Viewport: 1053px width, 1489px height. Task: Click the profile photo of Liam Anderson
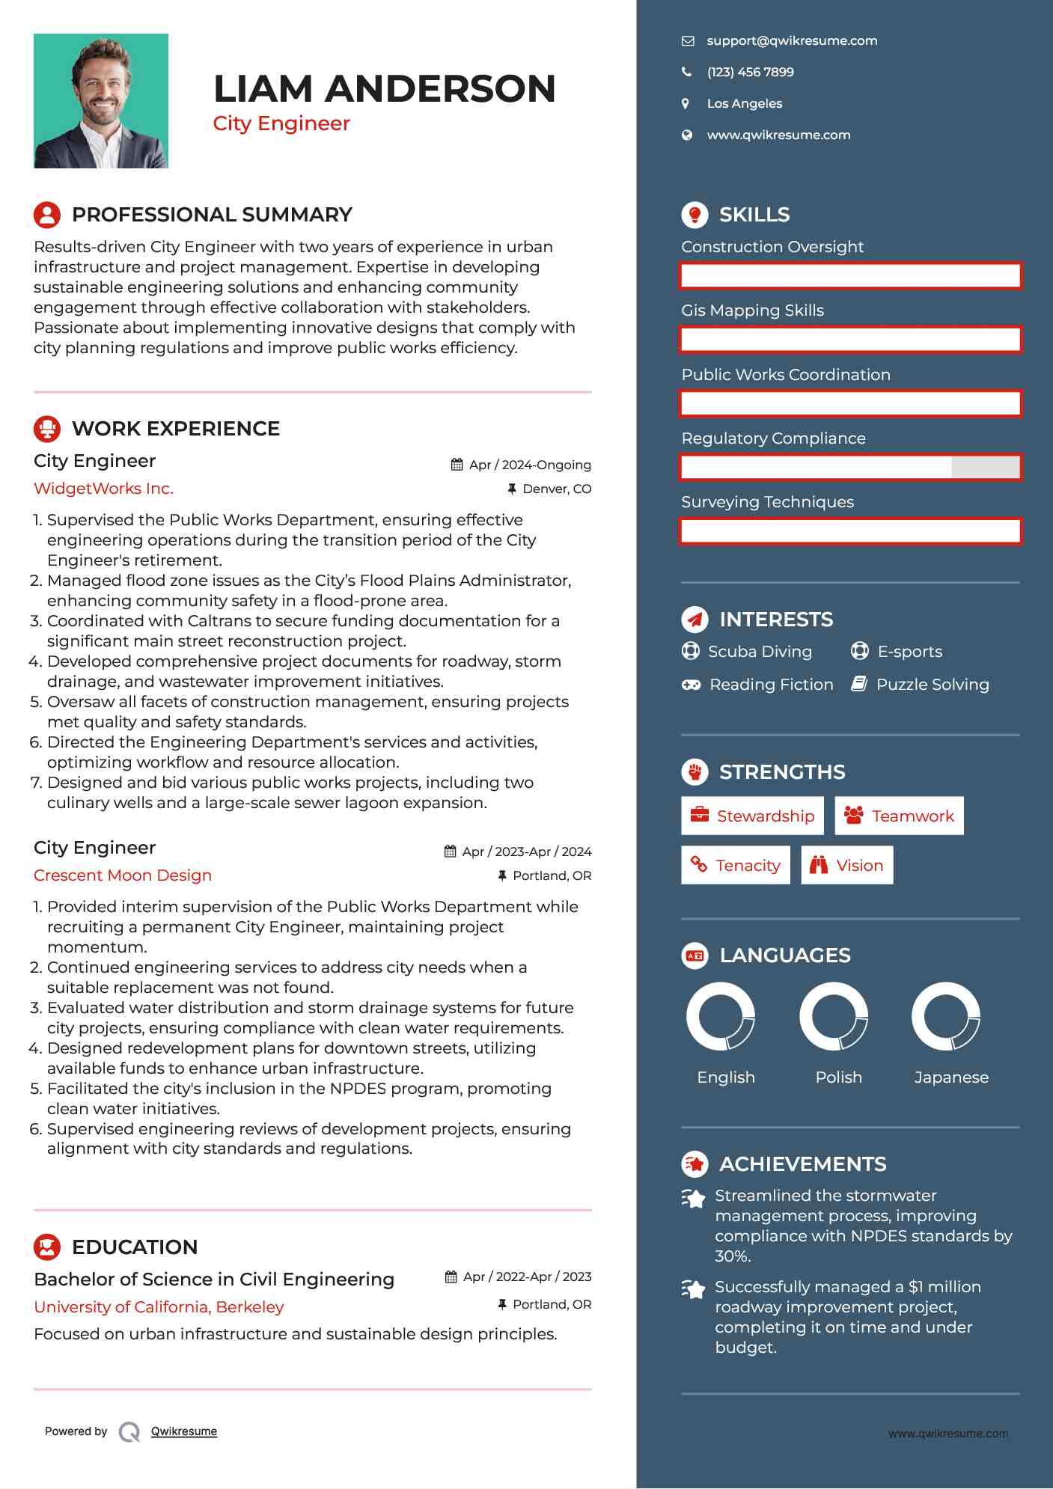(101, 101)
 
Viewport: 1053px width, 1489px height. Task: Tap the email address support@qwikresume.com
(792, 41)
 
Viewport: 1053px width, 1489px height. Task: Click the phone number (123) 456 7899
(750, 73)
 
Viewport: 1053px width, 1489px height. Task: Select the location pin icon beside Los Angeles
(686, 104)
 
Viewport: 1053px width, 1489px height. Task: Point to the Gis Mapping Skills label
(752, 311)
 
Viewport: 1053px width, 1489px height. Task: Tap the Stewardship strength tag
(752, 816)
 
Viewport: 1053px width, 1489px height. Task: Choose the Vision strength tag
(846, 866)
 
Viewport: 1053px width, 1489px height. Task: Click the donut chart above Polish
(834, 1017)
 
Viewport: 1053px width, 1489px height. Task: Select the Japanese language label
(951, 1077)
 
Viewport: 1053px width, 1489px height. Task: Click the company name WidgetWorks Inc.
(103, 489)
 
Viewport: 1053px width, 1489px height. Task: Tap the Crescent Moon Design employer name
(123, 875)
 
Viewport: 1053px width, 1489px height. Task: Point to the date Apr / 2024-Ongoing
(529, 465)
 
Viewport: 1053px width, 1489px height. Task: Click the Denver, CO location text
(556, 489)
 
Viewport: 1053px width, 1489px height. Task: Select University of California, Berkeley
(159, 1307)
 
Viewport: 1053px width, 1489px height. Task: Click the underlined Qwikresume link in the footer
(184, 1431)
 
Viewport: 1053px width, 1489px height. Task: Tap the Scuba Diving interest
(760, 652)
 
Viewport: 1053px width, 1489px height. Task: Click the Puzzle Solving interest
(932, 685)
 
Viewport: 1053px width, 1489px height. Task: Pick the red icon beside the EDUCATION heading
(47, 1247)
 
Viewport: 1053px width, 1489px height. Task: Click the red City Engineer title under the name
(281, 123)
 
